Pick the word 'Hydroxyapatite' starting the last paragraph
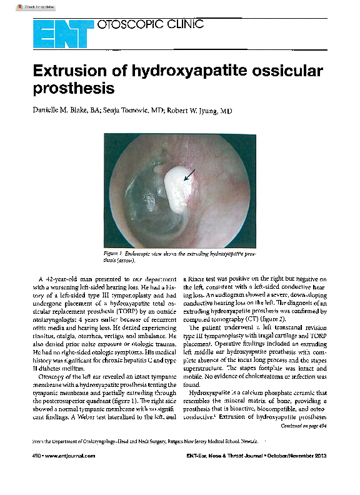coord(209,392)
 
